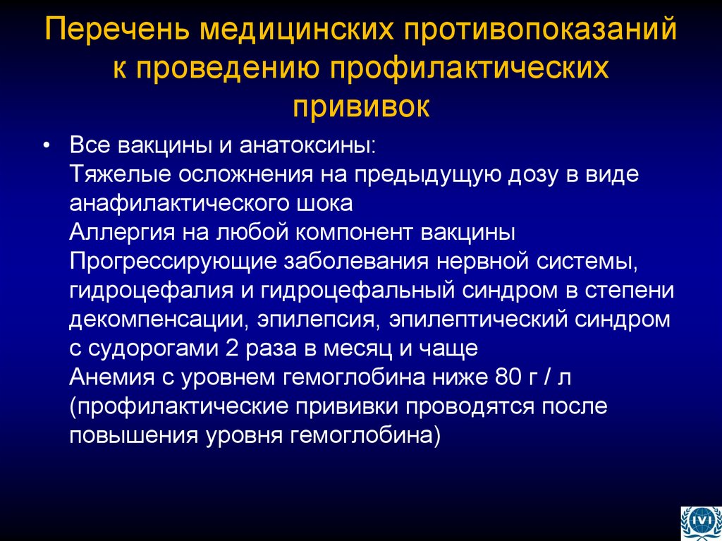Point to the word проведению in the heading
click(231, 70)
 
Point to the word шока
click(324, 204)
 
